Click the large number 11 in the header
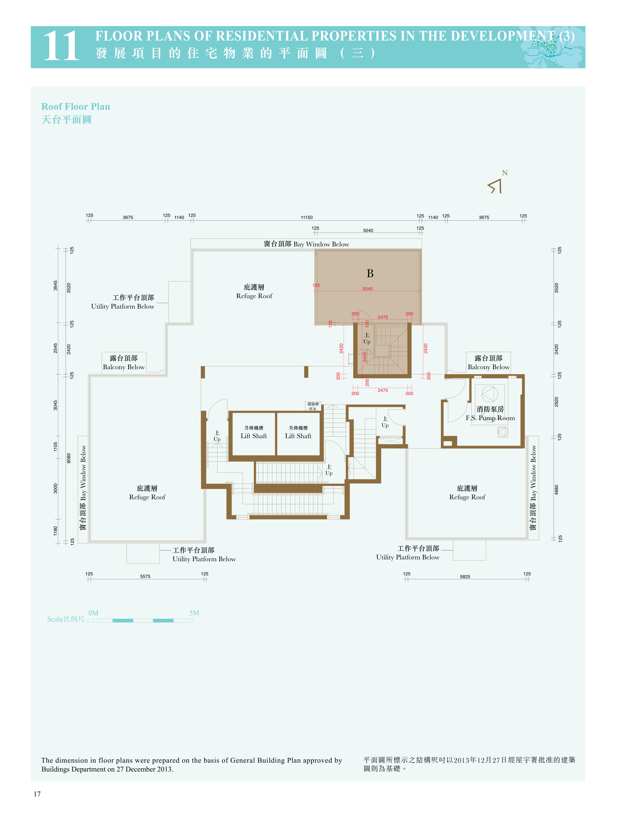tap(61, 46)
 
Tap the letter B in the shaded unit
tap(370, 274)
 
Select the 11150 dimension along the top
tap(307, 217)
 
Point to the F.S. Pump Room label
tap(490, 418)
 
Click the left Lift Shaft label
tap(254, 436)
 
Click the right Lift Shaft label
tap(298, 436)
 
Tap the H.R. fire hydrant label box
tap(313, 406)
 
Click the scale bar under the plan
tap(143, 620)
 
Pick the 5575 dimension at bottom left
tap(145, 576)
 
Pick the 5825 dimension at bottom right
tap(465, 577)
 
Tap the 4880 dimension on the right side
tap(556, 490)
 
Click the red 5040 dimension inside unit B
tap(367, 289)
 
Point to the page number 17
tap(37, 794)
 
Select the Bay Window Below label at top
tap(307, 244)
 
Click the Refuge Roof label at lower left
tap(147, 492)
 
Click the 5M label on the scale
tap(194, 613)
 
